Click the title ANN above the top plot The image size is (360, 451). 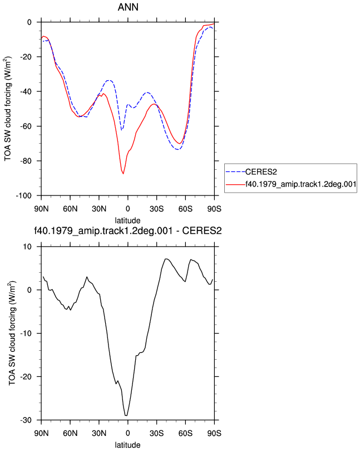point(128,7)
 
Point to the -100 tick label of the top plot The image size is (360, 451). point(24,196)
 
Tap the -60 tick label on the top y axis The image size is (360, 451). point(26,126)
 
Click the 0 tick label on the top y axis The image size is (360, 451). point(29,22)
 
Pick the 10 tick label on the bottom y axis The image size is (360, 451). point(28,247)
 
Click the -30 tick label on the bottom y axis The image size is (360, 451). point(26,420)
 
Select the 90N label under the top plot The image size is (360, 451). point(41,209)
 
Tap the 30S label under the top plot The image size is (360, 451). point(157,209)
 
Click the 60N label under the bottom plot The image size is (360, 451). point(70,433)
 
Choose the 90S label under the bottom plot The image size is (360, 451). point(214,433)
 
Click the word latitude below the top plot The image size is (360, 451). point(127,220)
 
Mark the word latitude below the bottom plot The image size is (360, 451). point(127,445)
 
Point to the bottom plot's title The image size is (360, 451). point(127,231)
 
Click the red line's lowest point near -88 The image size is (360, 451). point(124,174)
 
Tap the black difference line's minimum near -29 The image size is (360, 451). point(126,415)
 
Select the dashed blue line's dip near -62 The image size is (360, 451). point(122,130)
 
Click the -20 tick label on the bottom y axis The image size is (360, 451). point(26,377)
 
